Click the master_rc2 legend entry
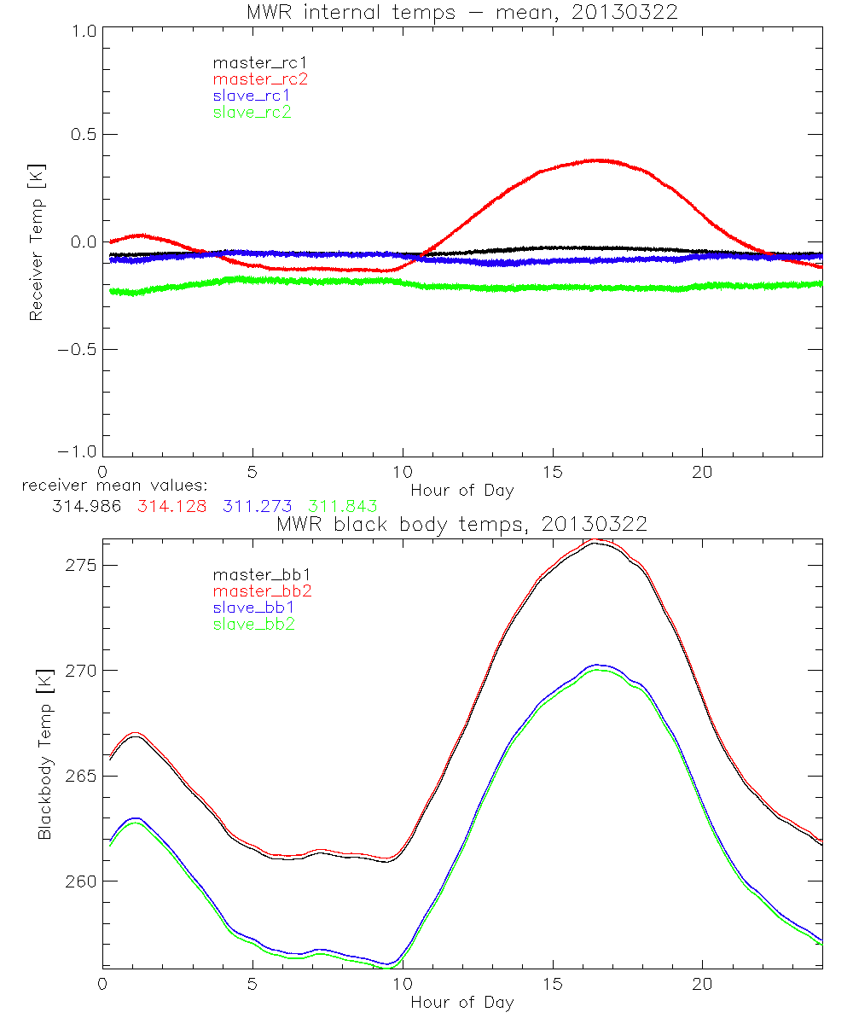click(260, 79)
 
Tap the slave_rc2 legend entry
click(252, 112)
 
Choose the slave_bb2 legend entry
click(254, 625)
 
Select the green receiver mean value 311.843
click(343, 507)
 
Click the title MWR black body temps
click(461, 525)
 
